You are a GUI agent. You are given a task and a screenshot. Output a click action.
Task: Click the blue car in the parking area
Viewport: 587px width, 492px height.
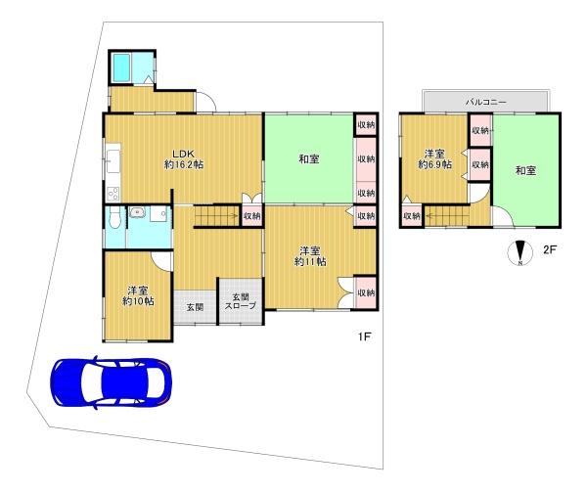click(x=112, y=382)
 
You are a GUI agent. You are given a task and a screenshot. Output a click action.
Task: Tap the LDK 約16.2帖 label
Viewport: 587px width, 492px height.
click(x=184, y=159)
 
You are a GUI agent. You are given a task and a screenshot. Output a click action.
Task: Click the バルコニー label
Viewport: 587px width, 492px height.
click(x=486, y=102)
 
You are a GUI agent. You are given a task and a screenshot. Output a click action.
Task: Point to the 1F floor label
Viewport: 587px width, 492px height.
click(x=364, y=336)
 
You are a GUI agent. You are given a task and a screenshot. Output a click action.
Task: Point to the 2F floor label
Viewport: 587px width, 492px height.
click(x=550, y=249)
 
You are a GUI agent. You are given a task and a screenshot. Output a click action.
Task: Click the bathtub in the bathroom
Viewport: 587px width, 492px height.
click(x=121, y=67)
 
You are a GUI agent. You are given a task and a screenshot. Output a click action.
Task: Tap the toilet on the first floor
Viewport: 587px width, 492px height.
click(x=114, y=218)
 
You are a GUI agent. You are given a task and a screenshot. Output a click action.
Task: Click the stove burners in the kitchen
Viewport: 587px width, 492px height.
click(x=113, y=193)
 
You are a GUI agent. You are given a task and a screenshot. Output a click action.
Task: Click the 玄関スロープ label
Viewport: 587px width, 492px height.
click(x=240, y=301)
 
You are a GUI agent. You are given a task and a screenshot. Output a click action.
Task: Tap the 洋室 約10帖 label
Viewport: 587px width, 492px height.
click(x=138, y=296)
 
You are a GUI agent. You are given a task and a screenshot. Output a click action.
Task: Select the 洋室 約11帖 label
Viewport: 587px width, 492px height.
click(x=310, y=256)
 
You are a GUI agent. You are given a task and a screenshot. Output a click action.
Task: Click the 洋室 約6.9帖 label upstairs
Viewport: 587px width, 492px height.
click(x=434, y=159)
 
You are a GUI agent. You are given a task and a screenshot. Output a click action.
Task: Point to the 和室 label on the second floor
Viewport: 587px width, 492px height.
click(x=526, y=171)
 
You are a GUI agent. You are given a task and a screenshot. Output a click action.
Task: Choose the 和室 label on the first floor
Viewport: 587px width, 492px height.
click(x=309, y=159)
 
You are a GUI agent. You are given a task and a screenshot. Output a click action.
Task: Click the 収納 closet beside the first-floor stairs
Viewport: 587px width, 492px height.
click(x=252, y=216)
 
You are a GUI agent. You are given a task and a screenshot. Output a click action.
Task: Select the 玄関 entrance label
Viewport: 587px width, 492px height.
click(x=195, y=307)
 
